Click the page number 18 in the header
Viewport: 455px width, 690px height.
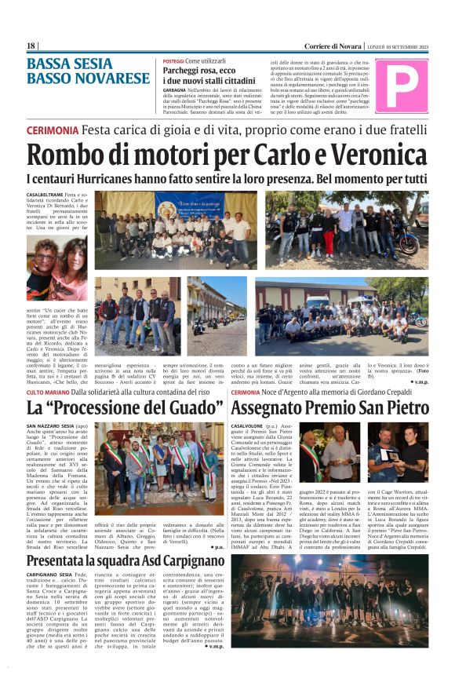click(31, 46)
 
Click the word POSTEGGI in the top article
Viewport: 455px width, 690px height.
click(173, 60)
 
